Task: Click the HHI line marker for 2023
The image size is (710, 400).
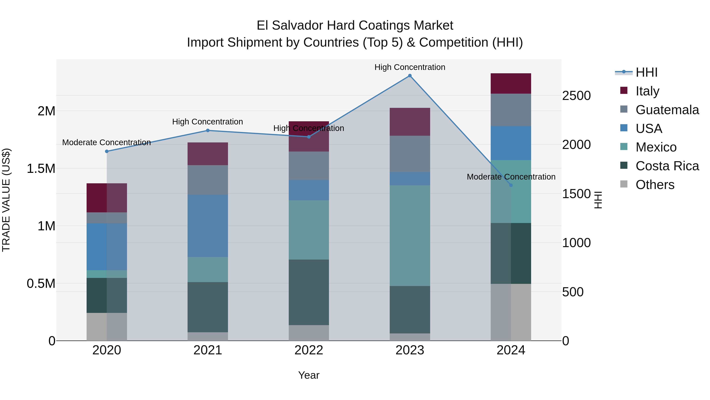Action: pos(410,76)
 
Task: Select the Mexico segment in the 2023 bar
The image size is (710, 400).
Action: pos(410,235)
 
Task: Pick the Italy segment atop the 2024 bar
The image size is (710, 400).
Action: pos(511,83)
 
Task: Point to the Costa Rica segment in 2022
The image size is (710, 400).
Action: pos(309,292)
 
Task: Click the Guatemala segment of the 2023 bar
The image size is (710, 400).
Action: pos(410,154)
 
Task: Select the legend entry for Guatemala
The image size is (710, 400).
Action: pos(667,110)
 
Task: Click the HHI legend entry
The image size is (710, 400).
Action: pos(646,72)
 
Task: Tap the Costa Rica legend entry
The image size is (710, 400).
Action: pos(667,166)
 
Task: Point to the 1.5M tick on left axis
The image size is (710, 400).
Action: pos(41,168)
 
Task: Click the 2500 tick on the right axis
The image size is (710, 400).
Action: pos(576,96)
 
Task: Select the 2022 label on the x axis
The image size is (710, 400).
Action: pos(309,350)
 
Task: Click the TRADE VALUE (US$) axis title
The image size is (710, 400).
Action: pos(6,200)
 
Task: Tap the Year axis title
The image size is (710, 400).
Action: pos(309,375)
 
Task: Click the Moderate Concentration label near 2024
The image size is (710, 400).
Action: pos(511,177)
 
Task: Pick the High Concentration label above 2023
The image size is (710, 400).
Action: pos(410,67)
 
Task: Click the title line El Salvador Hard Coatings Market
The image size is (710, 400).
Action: pos(355,25)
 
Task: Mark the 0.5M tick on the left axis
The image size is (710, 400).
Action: pos(41,283)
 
